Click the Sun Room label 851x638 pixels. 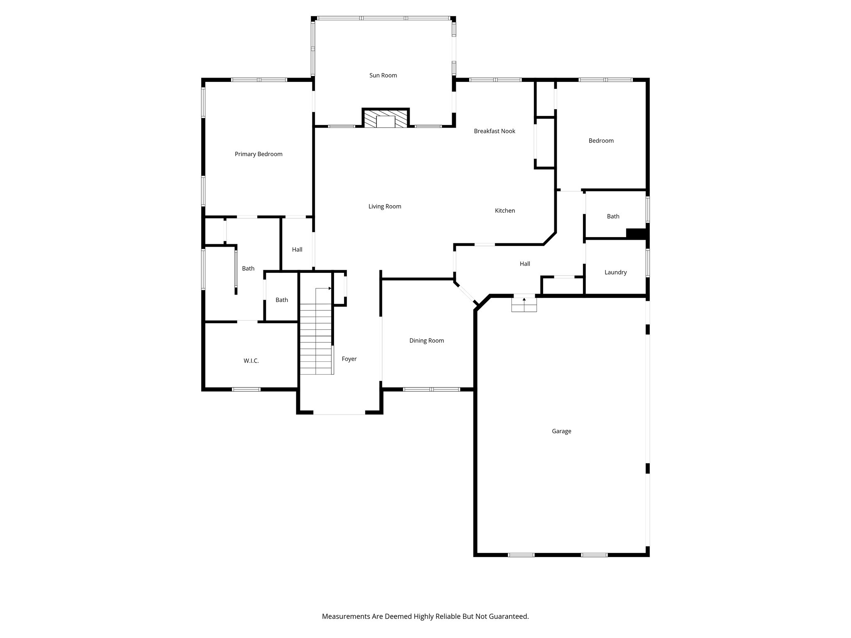click(383, 75)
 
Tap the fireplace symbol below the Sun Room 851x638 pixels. click(386, 118)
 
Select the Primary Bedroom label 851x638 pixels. click(258, 154)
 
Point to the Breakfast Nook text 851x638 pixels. click(494, 131)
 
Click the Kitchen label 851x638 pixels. click(505, 211)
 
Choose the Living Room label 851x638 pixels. click(385, 206)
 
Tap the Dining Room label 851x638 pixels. click(426, 341)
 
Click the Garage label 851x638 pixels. click(561, 431)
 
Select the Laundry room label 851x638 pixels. click(615, 272)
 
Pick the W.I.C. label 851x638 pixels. click(251, 361)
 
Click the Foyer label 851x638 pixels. click(349, 359)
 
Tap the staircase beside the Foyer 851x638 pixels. click(316, 339)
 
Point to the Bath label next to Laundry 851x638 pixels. click(613, 216)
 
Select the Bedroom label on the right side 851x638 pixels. click(601, 141)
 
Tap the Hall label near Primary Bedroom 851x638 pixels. click(297, 250)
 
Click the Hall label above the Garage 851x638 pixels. click(525, 264)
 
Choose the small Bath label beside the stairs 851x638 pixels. click(282, 300)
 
